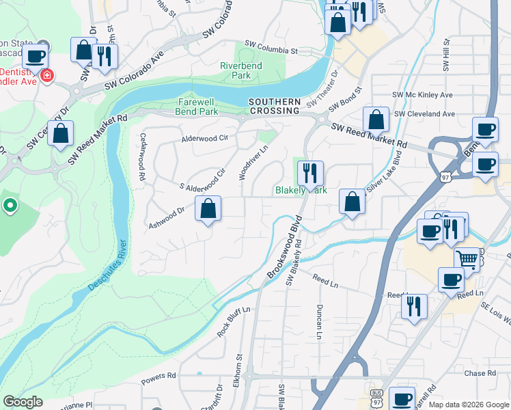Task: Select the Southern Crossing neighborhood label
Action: click(x=275, y=106)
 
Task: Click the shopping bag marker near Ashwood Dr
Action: click(x=208, y=208)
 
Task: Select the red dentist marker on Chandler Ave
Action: click(x=46, y=75)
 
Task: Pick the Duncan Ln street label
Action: click(x=319, y=321)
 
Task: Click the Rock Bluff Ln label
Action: click(x=234, y=320)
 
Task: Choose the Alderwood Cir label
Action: click(x=204, y=138)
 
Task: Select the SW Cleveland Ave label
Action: click(x=425, y=113)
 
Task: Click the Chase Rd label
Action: click(x=480, y=373)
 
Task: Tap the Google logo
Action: click(x=23, y=402)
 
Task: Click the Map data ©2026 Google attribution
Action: click(x=468, y=405)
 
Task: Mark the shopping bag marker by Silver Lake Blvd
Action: click(x=352, y=202)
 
